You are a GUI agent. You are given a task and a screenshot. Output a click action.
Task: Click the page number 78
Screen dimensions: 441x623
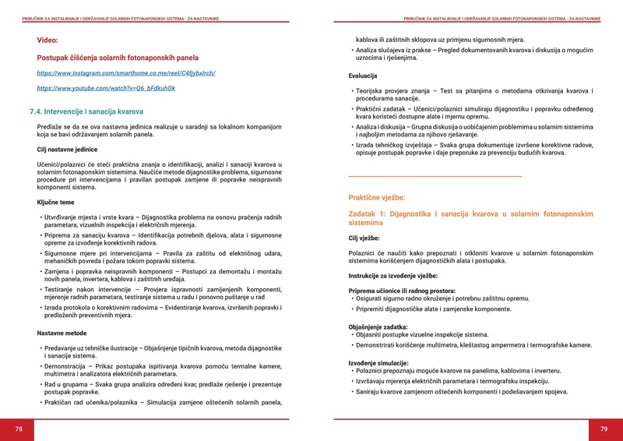pos(19,429)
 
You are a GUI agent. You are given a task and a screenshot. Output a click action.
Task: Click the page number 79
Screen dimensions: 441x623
pos(604,429)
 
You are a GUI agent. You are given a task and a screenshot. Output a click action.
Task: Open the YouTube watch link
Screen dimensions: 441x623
pos(106,88)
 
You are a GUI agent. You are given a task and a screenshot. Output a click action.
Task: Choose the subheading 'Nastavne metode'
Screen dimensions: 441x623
pos(62,333)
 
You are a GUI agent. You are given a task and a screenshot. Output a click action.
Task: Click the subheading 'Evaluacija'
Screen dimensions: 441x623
pos(363,76)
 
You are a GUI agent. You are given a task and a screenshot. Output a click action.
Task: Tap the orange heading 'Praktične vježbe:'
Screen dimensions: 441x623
pos(377,198)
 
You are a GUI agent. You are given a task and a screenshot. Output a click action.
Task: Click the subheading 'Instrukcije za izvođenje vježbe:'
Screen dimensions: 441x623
pos(392,276)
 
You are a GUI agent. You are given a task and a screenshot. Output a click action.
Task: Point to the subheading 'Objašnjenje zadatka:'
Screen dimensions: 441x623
pos(377,327)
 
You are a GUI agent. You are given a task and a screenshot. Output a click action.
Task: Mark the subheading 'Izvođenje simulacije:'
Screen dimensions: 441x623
pos(378,363)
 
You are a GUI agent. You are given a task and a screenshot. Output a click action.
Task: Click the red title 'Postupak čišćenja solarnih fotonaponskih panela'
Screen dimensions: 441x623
pos(118,58)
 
